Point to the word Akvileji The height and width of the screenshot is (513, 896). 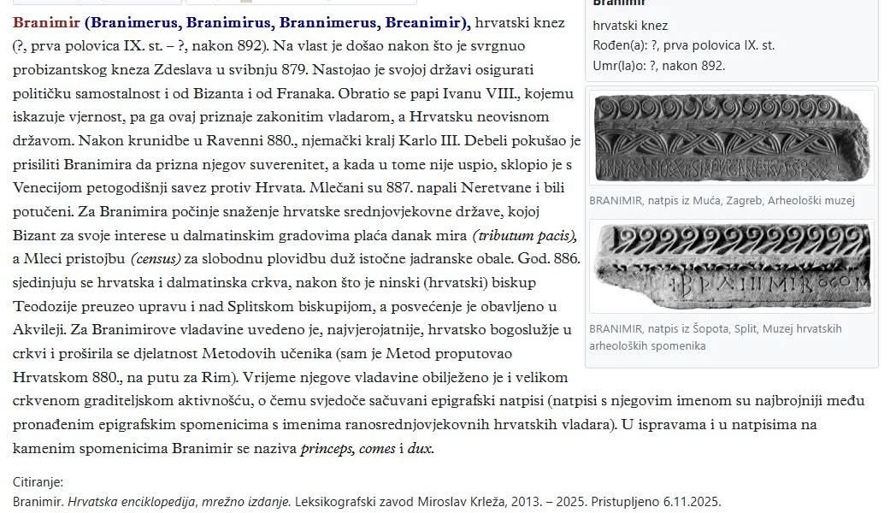tap(40, 329)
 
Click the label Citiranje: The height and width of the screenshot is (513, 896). tap(38, 482)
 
